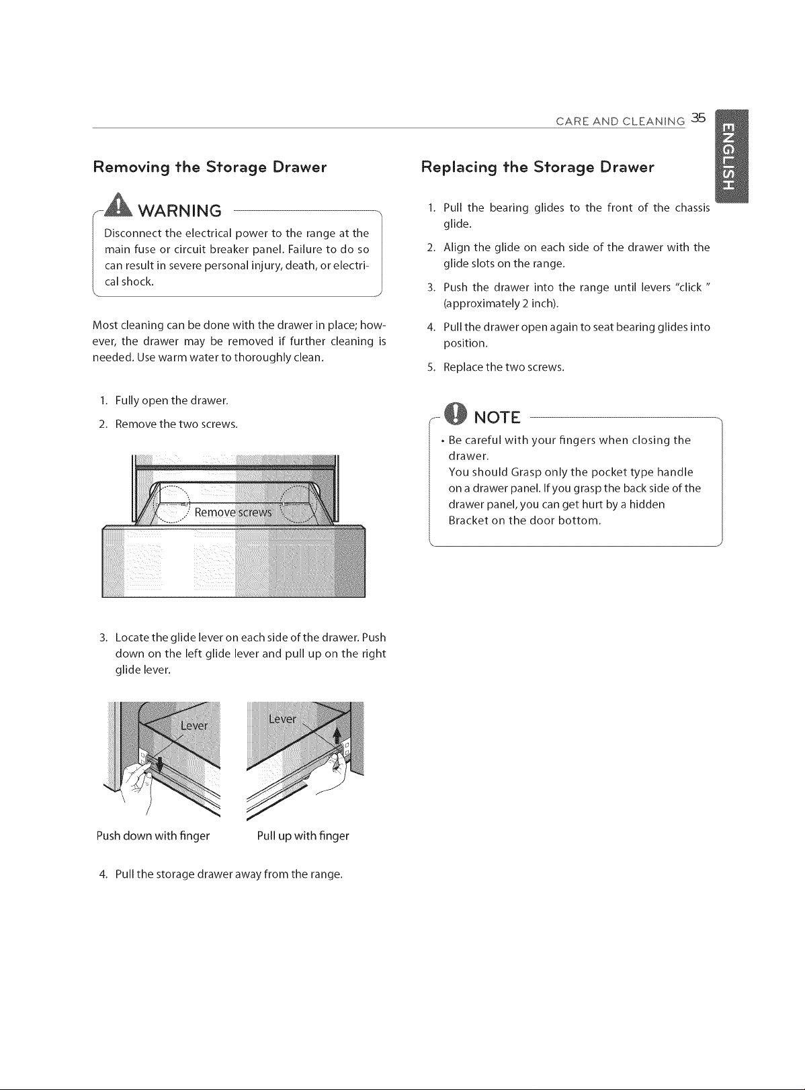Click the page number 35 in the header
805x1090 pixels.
[x=698, y=118]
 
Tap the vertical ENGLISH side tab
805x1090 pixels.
[x=732, y=156]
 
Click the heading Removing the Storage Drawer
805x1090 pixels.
[x=210, y=168]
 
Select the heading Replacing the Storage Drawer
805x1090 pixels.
[x=538, y=168]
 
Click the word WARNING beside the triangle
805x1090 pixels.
[x=180, y=211]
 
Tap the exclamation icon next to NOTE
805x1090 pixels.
[x=456, y=413]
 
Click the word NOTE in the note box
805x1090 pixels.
[x=497, y=418]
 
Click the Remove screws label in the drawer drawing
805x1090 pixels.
[x=233, y=512]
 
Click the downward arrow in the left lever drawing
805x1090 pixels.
[x=159, y=763]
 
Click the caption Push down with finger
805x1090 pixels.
[x=153, y=836]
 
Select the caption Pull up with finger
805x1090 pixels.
[x=303, y=836]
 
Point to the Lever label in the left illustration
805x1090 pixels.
[x=194, y=726]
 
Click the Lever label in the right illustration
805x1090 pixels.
[x=282, y=719]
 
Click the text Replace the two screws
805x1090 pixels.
[x=504, y=367]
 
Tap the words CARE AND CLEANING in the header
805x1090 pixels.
[x=620, y=122]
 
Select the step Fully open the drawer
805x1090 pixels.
[x=171, y=400]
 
